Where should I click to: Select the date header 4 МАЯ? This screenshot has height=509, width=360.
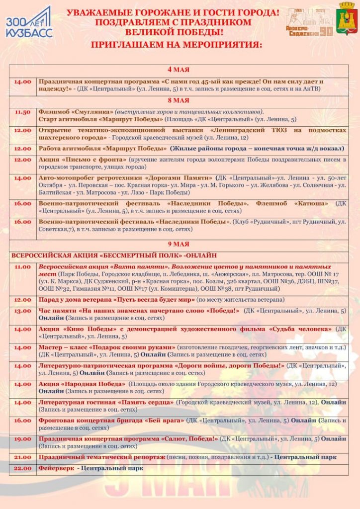(x=178, y=70)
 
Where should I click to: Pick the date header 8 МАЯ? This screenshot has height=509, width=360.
(x=178, y=100)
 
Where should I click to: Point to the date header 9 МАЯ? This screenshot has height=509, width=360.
(x=178, y=244)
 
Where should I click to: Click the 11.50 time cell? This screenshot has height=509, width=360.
(x=22, y=112)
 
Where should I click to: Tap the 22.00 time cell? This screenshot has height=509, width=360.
(x=22, y=468)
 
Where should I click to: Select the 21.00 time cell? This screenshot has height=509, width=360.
(x=22, y=457)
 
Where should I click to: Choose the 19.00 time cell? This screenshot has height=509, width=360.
(x=22, y=439)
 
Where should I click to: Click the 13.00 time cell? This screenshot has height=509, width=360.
(x=22, y=311)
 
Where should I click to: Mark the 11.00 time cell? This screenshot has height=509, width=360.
(x=22, y=267)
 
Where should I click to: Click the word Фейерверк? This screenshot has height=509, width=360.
(x=56, y=468)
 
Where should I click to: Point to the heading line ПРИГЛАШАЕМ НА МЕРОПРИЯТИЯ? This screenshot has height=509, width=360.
(x=177, y=45)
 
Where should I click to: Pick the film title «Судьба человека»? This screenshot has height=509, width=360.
(x=300, y=329)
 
